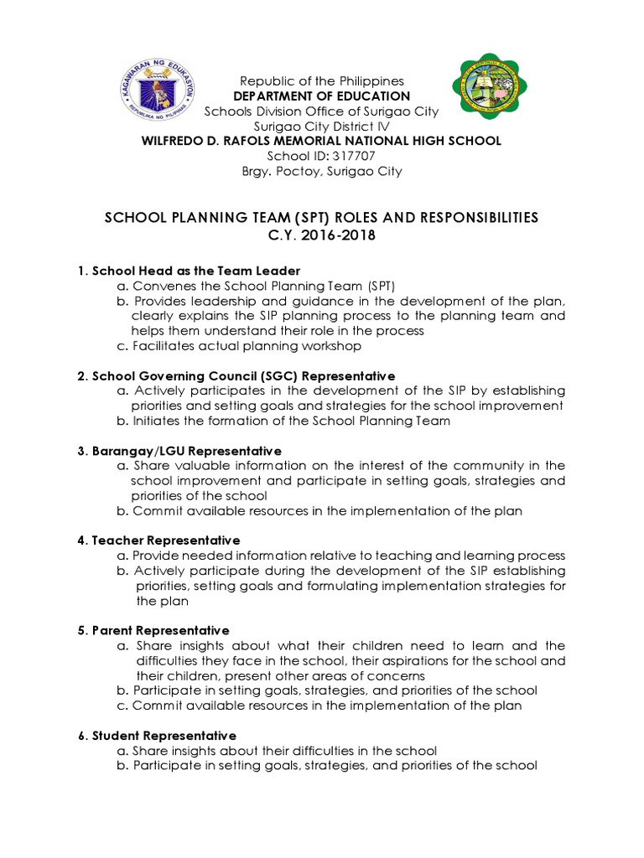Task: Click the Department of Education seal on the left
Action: (x=155, y=90)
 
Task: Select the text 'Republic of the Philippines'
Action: (x=322, y=81)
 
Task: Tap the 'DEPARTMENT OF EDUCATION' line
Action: (x=322, y=96)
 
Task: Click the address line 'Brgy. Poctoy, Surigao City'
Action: (x=322, y=171)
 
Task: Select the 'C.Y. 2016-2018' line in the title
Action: (x=321, y=235)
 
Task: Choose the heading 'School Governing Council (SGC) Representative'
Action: (x=236, y=375)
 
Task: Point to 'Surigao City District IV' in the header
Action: (x=322, y=126)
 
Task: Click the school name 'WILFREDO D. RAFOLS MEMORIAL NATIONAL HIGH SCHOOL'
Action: (x=322, y=141)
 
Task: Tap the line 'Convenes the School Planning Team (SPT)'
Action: (x=250, y=286)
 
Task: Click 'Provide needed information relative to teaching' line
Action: (x=341, y=556)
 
